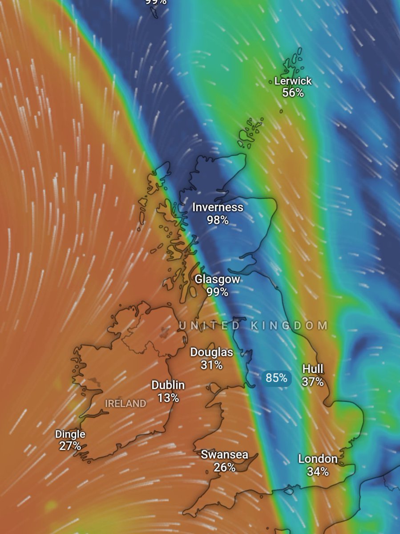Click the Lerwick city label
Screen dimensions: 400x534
point(293,81)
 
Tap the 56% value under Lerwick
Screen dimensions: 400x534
point(293,93)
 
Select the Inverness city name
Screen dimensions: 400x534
point(218,207)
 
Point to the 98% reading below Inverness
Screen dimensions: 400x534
point(218,219)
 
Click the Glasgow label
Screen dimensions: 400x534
point(218,280)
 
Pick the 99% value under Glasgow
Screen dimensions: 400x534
point(218,292)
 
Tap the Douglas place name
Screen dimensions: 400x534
point(211,352)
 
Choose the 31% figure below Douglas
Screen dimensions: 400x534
point(211,365)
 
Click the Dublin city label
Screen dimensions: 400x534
point(168,385)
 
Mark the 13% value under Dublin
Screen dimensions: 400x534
point(168,397)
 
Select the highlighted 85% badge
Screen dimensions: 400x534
point(276,378)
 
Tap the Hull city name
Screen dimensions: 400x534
point(313,369)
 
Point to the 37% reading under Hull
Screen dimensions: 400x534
point(313,381)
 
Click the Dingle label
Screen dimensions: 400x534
point(70,434)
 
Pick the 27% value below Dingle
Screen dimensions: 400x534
point(70,446)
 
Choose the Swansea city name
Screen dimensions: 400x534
point(224,455)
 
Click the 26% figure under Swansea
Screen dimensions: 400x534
point(224,467)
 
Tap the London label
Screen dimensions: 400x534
point(318,459)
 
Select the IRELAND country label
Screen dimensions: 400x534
point(125,404)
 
